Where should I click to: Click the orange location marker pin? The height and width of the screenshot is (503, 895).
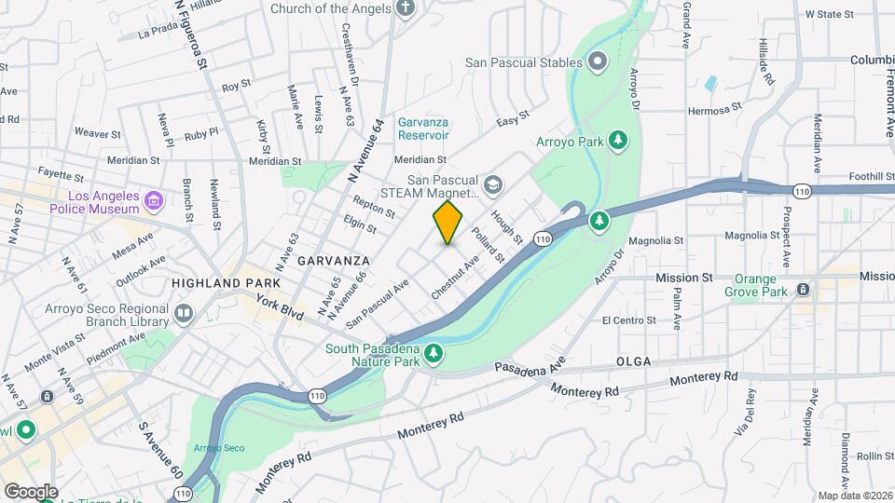[x=447, y=222]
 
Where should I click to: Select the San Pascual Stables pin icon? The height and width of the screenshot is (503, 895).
[x=598, y=62]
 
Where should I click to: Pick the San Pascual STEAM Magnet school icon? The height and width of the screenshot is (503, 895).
[x=491, y=186]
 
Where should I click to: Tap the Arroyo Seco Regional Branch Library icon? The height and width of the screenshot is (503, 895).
[x=183, y=313]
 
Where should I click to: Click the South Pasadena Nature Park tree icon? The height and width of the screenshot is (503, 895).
[x=433, y=354]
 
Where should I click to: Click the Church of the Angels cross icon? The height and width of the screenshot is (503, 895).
[x=404, y=9]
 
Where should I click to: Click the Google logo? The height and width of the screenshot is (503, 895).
[x=30, y=491]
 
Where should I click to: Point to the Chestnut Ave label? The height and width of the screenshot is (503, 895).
[x=456, y=278]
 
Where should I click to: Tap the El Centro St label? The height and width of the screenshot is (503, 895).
[x=629, y=320]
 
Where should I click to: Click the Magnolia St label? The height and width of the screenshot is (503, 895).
[x=656, y=239]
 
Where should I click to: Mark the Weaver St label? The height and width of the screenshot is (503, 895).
[x=98, y=133]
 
